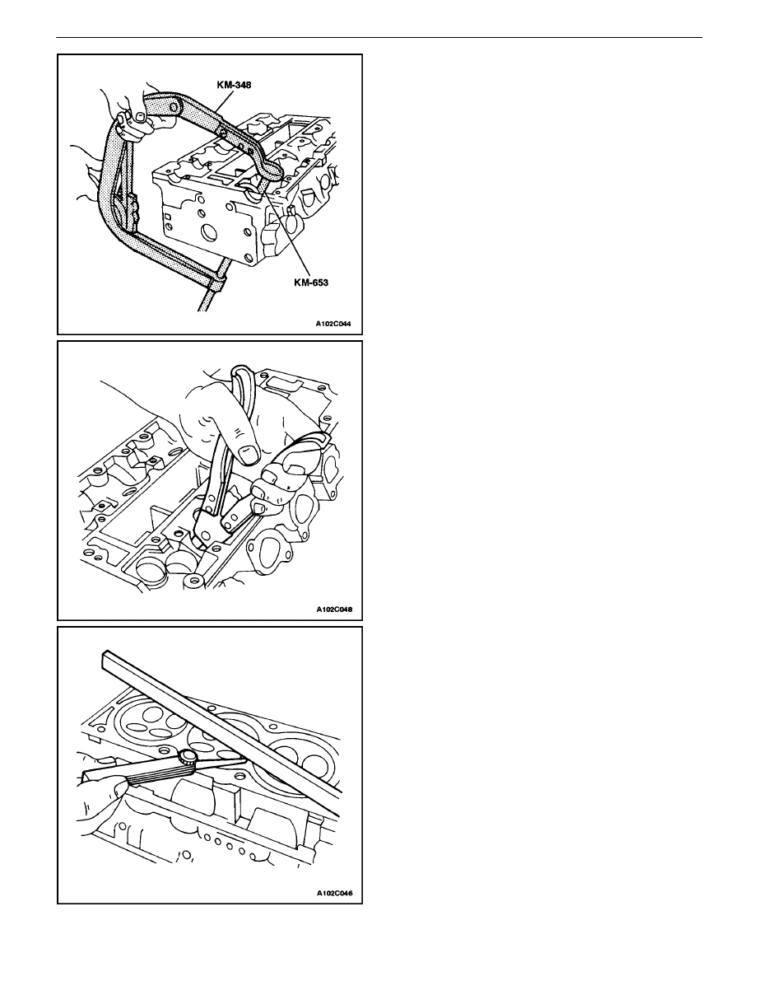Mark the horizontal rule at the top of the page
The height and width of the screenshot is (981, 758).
379,37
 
